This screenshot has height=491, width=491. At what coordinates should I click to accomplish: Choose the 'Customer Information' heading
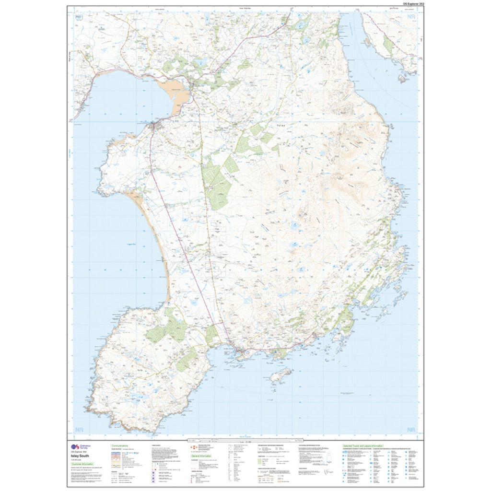[83, 464]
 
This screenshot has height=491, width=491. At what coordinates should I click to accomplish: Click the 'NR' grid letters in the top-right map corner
[410, 17]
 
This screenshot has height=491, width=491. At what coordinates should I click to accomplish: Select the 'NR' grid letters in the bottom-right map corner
[410, 430]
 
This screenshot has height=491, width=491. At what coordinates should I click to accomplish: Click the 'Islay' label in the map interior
[281, 125]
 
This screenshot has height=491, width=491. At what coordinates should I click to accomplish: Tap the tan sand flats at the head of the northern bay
[175, 93]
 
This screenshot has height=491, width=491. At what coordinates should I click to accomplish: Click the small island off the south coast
[281, 376]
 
